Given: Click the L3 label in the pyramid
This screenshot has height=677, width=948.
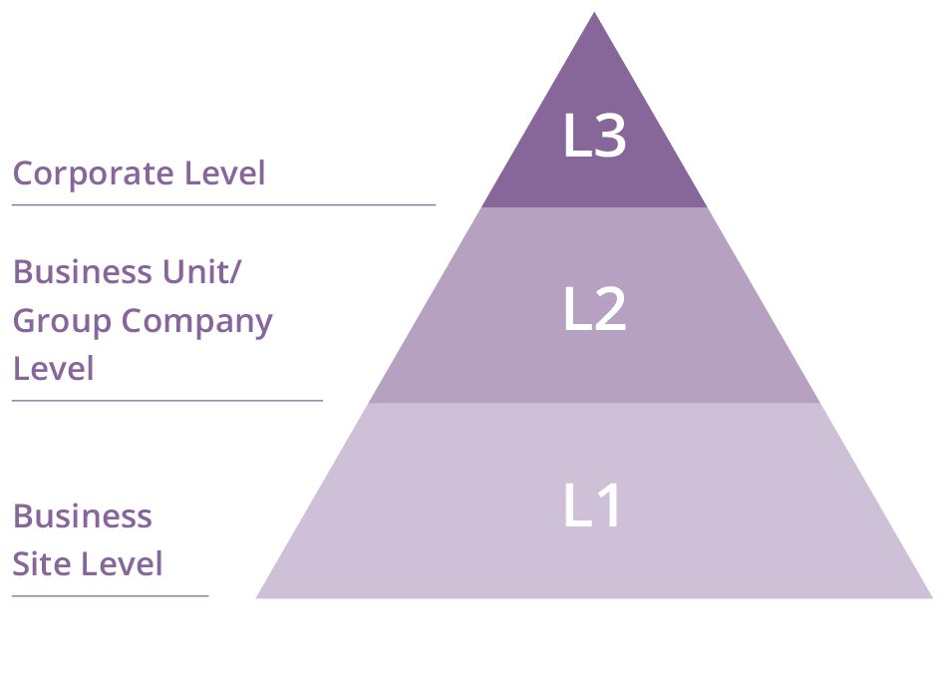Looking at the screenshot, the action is [x=594, y=136].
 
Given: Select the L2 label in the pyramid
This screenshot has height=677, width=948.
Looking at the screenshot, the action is [x=595, y=308].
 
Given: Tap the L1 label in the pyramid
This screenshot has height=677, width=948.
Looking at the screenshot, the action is [x=592, y=505].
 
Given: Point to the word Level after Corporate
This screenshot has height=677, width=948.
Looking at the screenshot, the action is [x=225, y=172].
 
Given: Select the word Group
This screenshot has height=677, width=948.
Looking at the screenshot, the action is [x=62, y=322].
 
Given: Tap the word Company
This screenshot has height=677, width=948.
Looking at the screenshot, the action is [x=197, y=322].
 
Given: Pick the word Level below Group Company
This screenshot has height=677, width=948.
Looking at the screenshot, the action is [x=54, y=369].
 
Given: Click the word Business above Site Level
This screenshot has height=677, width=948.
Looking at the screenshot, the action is [x=82, y=516].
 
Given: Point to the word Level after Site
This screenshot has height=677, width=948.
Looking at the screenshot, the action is [x=123, y=564].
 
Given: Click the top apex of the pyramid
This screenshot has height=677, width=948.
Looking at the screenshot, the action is [x=594, y=12].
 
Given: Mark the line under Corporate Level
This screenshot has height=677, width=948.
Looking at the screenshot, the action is [x=223, y=205].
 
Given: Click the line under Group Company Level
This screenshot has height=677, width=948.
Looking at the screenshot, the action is [x=167, y=400].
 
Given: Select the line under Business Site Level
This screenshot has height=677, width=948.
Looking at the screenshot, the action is [x=110, y=596].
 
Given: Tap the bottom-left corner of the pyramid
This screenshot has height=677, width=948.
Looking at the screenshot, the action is [x=256, y=598].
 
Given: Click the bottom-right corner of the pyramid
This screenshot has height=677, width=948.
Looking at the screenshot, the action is [x=933, y=598].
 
